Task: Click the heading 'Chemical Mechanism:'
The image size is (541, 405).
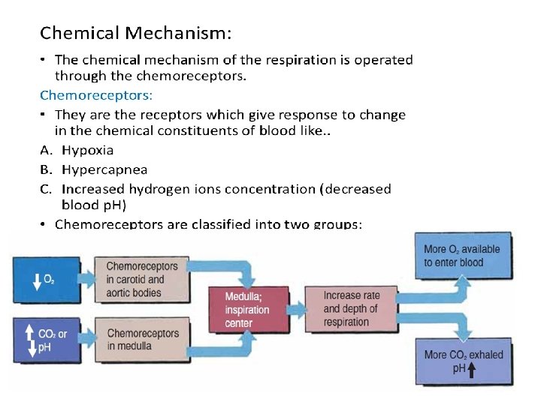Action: pyautogui.click(x=135, y=33)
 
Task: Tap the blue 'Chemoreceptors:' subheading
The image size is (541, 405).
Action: pyautogui.click(x=95, y=95)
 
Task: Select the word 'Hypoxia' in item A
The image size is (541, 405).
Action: pyautogui.click(x=87, y=150)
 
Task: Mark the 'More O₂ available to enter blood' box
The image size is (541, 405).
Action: pyautogui.click(x=461, y=255)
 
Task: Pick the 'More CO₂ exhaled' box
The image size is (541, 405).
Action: pyautogui.click(x=463, y=361)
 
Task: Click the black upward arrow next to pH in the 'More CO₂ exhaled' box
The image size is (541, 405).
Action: pyautogui.click(x=472, y=369)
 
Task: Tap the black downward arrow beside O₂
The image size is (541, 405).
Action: pyautogui.click(x=36, y=280)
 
